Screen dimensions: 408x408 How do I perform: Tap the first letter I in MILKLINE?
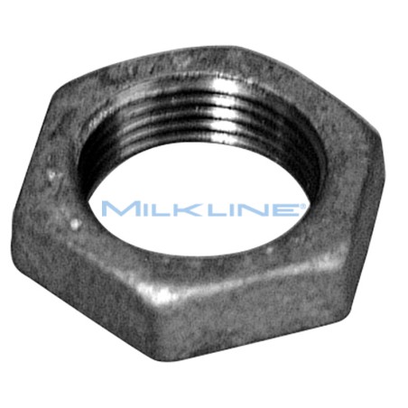click(135, 209)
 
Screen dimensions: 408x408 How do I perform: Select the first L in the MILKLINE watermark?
click(150, 209)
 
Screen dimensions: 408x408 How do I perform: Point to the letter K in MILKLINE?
click(172, 209)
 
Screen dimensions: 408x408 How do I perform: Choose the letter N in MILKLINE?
click(236, 209)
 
